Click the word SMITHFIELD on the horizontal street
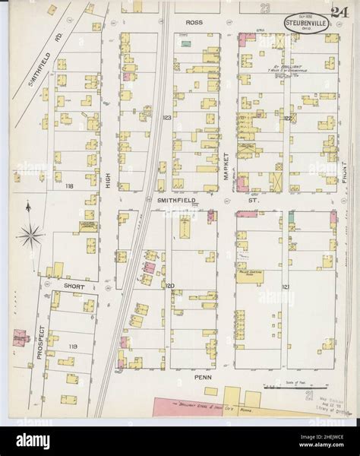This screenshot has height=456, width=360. click(x=176, y=201)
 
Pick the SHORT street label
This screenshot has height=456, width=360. click(x=74, y=286)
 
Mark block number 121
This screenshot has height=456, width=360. click(x=286, y=287)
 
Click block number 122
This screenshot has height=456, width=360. click(x=288, y=119)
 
